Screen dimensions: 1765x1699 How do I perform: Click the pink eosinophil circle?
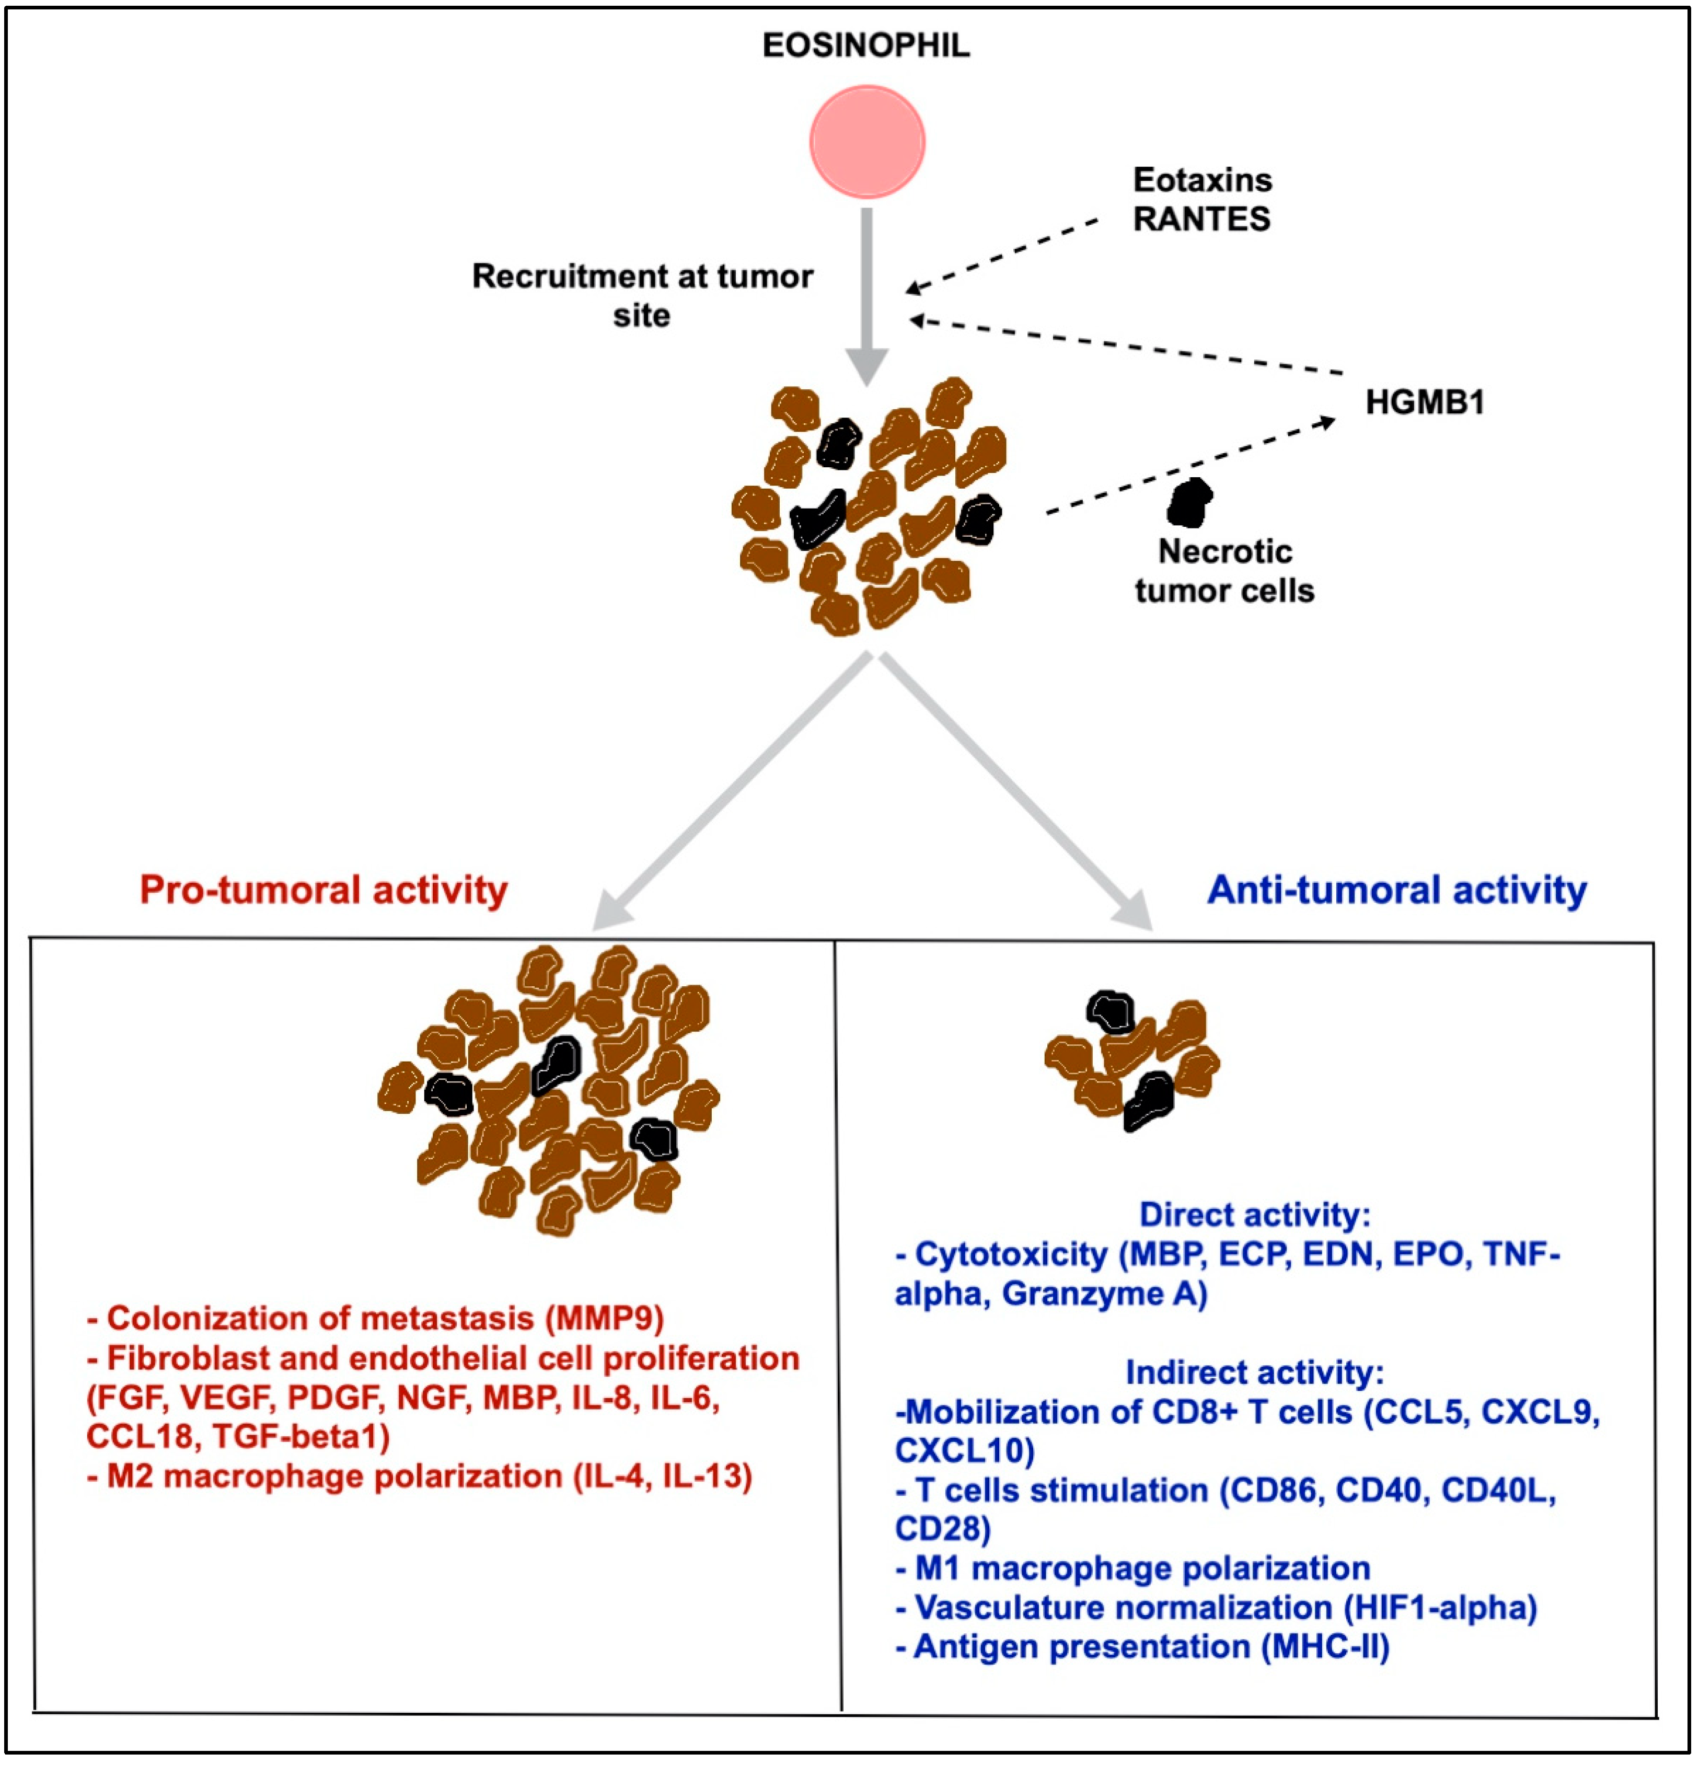pyautogui.click(x=866, y=142)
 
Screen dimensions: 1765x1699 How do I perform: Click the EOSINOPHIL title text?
pyautogui.click(x=866, y=45)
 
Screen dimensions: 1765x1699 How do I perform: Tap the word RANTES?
pyautogui.click(x=1201, y=219)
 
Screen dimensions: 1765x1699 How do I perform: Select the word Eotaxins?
pyautogui.click(x=1202, y=180)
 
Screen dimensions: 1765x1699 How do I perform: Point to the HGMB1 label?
pyautogui.click(x=1425, y=401)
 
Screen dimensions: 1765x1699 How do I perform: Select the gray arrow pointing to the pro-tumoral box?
pyautogui.click(x=730, y=792)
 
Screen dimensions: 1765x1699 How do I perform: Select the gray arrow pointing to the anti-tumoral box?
pyautogui.click(x=1018, y=792)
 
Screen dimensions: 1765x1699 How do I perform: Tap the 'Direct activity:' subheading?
pyautogui.click(x=1254, y=1215)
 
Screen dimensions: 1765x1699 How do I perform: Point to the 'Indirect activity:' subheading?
pyautogui.click(x=1254, y=1372)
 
